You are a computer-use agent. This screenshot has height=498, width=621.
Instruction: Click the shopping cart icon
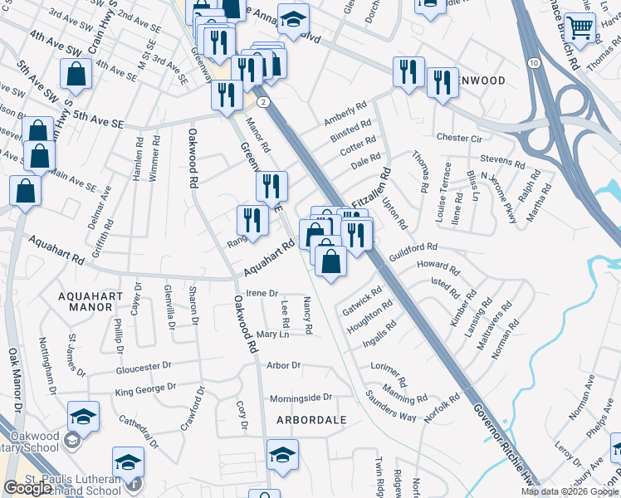(x=579, y=27)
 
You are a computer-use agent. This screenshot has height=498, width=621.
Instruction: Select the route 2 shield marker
(x=263, y=101)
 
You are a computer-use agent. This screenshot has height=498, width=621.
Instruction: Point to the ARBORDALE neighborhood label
(x=311, y=420)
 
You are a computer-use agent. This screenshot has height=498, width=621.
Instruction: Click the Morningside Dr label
(x=300, y=398)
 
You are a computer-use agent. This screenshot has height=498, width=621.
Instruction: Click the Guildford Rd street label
(x=413, y=248)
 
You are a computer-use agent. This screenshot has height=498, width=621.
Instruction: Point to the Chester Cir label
(x=459, y=138)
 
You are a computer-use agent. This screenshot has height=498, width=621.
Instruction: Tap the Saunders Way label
(x=392, y=410)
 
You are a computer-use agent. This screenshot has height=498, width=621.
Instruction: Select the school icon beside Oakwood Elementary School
(x=83, y=417)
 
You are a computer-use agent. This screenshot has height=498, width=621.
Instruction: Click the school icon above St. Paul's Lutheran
(x=129, y=461)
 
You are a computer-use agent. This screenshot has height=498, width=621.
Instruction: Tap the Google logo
(x=27, y=488)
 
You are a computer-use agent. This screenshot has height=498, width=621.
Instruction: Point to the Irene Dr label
(x=262, y=293)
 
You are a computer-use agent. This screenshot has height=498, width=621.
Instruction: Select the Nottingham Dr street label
(x=47, y=365)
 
